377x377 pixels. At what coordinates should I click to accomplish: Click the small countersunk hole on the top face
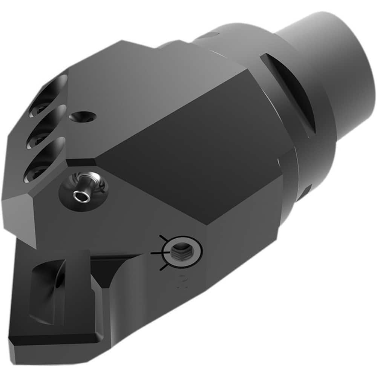tap(83, 117)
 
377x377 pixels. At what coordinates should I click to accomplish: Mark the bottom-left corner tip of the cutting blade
tap(11, 341)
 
